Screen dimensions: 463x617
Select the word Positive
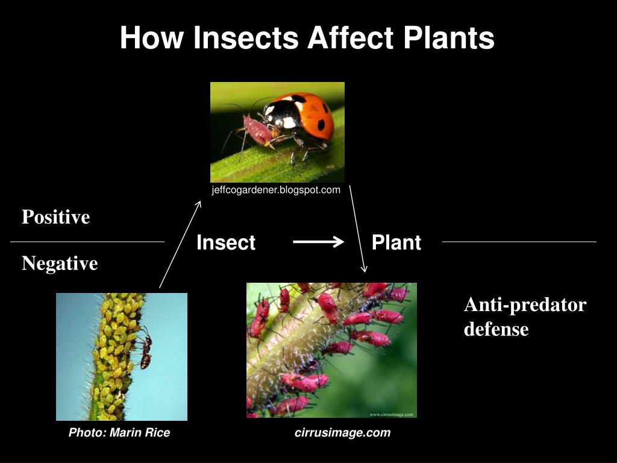pos(55,217)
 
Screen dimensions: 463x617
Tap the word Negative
pos(60,263)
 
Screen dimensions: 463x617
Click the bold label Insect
pos(226,243)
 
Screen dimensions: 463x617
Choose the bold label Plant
pos(396,242)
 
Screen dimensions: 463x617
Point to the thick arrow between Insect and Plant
pos(318,242)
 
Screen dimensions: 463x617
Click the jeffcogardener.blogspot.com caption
pos(276,190)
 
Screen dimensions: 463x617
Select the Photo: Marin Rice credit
pos(119,432)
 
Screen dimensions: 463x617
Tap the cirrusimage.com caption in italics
pos(342,432)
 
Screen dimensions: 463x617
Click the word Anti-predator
pos(525,305)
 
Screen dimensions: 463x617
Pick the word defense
pos(496,329)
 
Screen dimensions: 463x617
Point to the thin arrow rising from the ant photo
pos(180,244)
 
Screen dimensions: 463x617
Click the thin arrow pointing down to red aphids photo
pos(357,229)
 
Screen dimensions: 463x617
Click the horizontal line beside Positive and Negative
pos(87,242)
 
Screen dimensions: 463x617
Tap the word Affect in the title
pos(346,37)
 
